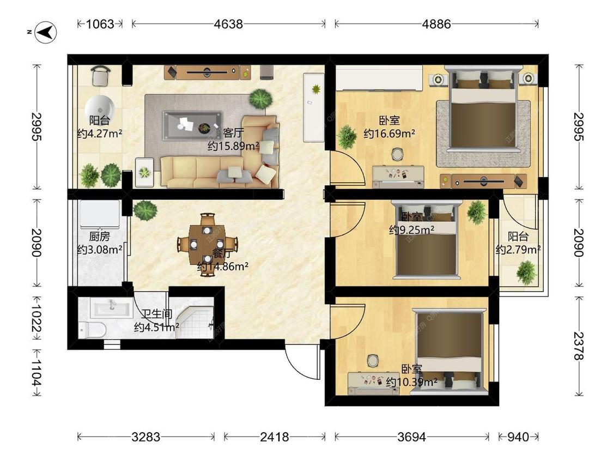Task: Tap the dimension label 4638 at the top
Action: point(228,24)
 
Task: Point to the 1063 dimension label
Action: point(100,24)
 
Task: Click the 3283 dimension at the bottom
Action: point(146,437)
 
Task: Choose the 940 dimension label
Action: point(518,437)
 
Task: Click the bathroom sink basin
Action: point(112,309)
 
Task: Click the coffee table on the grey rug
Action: point(192,125)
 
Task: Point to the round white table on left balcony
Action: point(100,105)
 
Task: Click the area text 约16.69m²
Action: point(389,134)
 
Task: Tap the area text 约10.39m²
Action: point(411,383)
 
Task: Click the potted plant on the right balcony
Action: point(526,272)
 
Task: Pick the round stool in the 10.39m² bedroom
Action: point(373,360)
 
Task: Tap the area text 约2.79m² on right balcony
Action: point(518,250)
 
